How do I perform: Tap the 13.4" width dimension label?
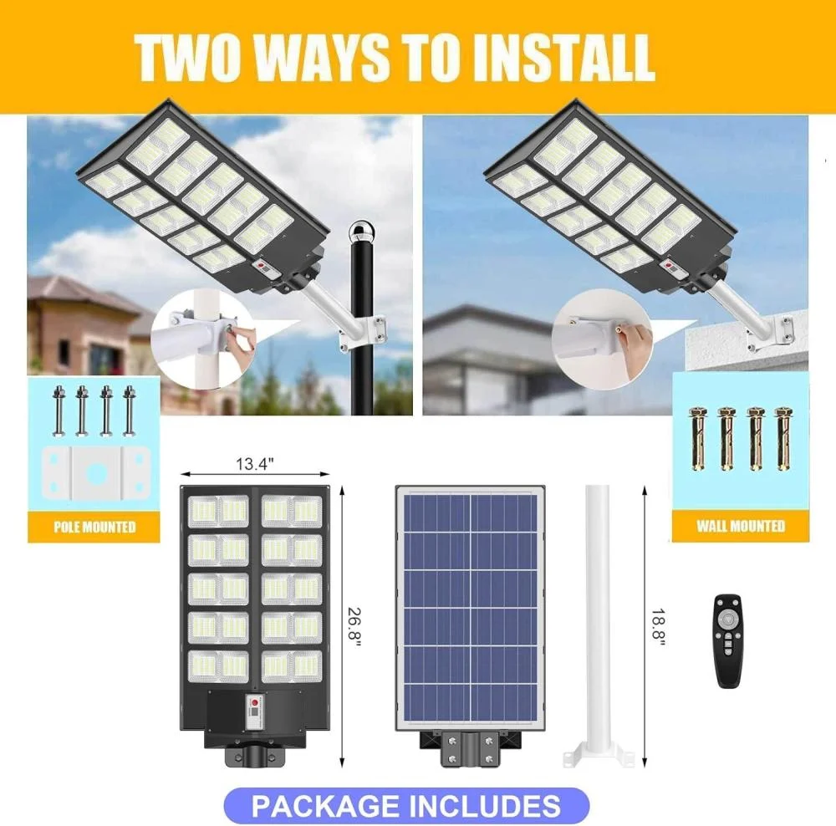coord(255,464)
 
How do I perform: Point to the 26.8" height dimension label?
coord(355,627)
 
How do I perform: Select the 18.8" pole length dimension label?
coord(659,627)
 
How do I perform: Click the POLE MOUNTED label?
coord(94,527)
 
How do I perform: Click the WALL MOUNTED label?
coord(741,526)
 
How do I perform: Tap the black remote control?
coord(728,640)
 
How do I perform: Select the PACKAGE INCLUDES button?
coord(406,805)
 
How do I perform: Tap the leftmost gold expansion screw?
coord(698,438)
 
